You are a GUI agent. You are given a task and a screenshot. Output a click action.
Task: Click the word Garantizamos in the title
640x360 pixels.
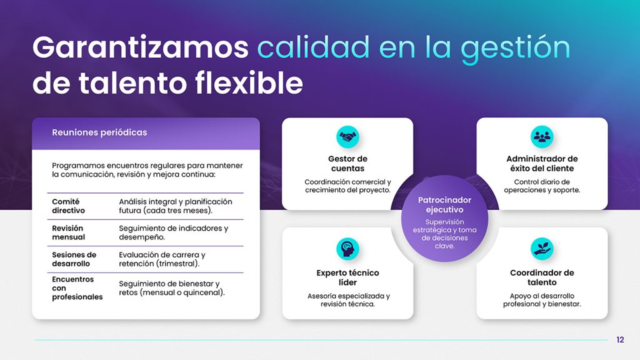tap(140, 48)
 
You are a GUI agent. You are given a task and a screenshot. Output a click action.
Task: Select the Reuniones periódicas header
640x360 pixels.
tap(99, 132)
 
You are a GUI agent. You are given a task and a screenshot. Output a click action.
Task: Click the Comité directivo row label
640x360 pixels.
tap(68, 206)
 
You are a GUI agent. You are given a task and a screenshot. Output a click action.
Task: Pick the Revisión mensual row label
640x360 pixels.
tap(68, 232)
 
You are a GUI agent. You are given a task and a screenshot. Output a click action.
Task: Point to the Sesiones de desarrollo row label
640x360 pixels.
tap(74, 259)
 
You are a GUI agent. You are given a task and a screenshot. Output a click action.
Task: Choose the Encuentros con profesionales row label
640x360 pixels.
tap(77, 288)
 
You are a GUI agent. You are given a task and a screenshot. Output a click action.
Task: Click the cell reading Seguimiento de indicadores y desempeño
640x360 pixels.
tap(173, 232)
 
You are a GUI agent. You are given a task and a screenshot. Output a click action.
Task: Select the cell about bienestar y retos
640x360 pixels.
tap(172, 288)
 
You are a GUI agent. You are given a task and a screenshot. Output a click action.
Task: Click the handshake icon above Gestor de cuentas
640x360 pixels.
tap(347, 136)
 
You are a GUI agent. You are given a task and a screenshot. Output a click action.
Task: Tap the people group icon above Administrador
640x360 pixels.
tap(542, 136)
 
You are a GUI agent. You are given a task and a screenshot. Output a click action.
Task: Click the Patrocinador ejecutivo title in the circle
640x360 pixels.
tap(444, 205)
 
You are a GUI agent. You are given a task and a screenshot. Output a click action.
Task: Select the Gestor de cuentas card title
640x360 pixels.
tap(347, 164)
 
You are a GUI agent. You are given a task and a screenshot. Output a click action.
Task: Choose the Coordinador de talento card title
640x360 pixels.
tap(542, 277)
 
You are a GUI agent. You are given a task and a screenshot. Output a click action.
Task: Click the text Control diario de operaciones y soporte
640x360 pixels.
tap(542, 186)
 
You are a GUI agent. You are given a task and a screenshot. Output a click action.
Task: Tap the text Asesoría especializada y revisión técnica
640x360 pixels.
tap(348, 300)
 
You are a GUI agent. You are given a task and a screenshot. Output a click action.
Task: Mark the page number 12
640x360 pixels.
tap(620, 340)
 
